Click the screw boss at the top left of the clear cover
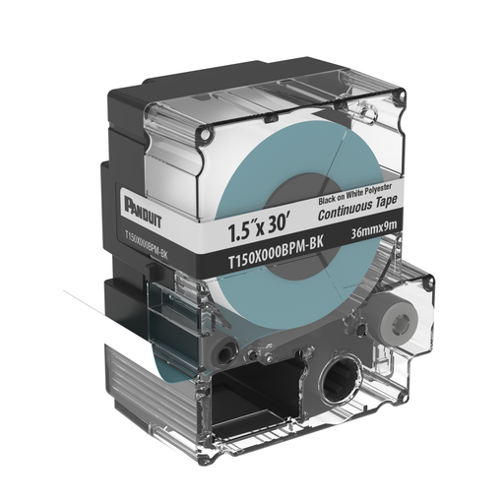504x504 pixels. click(x=210, y=130)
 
